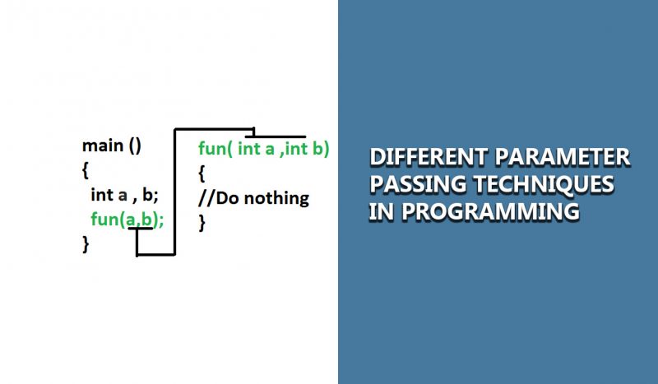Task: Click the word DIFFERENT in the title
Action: pyautogui.click(x=419, y=157)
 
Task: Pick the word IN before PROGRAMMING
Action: pyautogui.click(x=380, y=211)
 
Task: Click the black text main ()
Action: pyautogui.click(x=112, y=146)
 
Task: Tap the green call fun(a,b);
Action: pyautogui.click(x=127, y=220)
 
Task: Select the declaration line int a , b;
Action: pyautogui.click(x=124, y=195)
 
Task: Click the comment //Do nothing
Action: pyautogui.click(x=253, y=198)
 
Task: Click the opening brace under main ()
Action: pyautogui.click(x=86, y=171)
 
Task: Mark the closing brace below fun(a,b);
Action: pyautogui.click(x=86, y=244)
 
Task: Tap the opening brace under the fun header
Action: pyautogui.click(x=202, y=173)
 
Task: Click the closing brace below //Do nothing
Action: pyautogui.click(x=202, y=222)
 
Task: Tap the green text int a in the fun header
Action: pyautogui.click(x=257, y=149)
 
